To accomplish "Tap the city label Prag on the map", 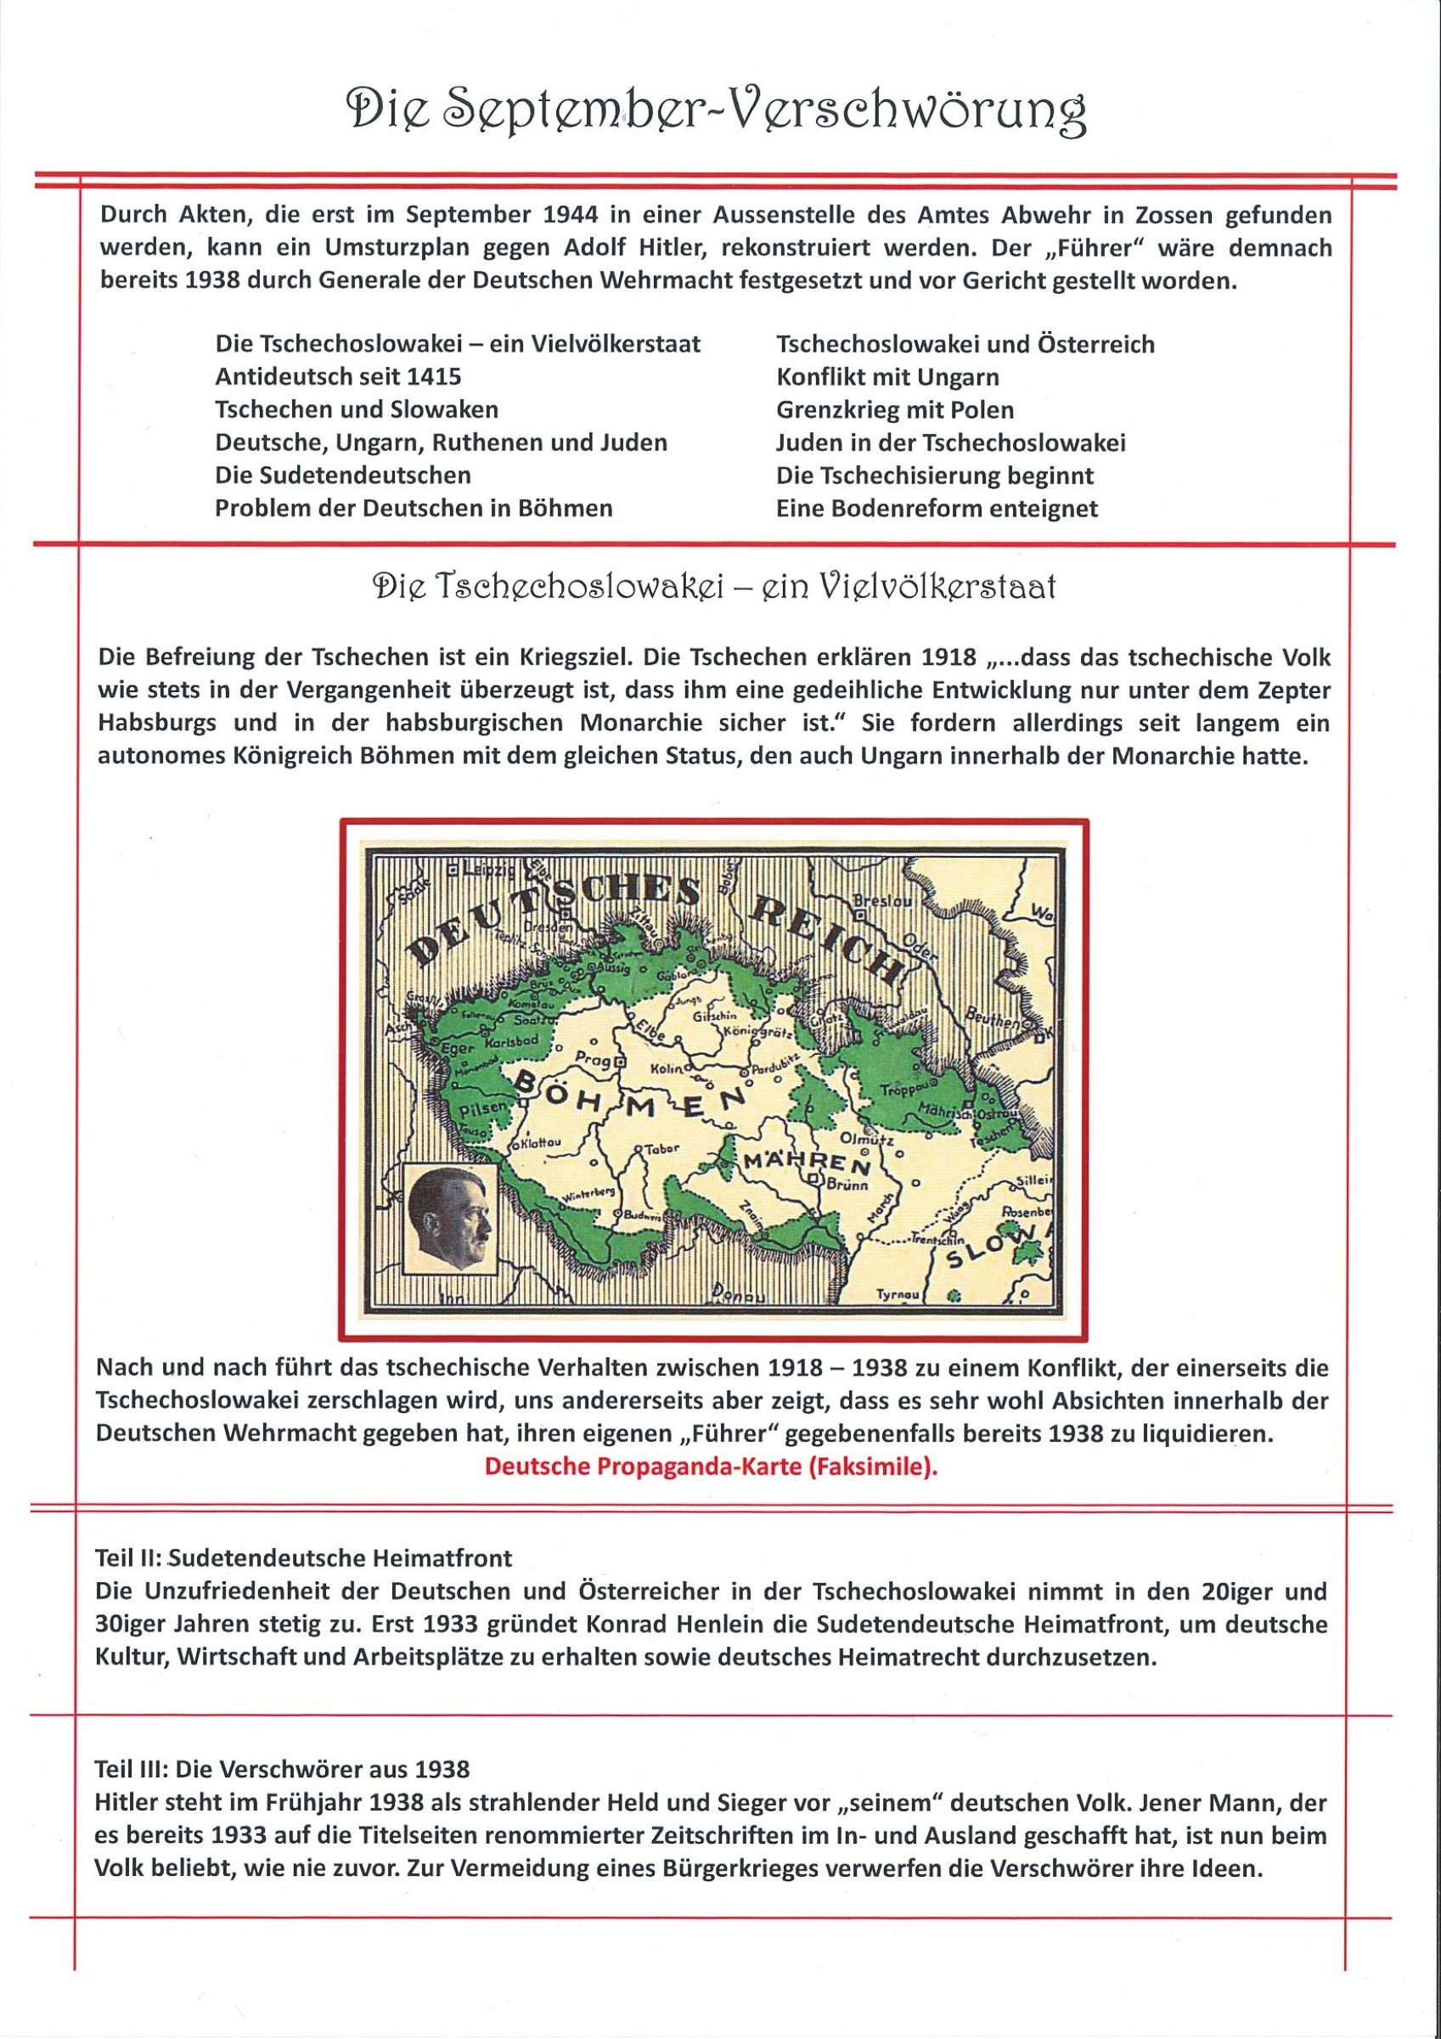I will [x=589, y=1060].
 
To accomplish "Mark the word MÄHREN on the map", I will [x=807, y=1162].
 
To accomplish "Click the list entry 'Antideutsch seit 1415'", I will [x=337, y=376].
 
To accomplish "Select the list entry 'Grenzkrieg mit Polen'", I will [x=894, y=409].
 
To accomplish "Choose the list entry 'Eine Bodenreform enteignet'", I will [x=937, y=508].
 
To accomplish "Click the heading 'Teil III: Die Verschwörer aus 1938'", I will [x=282, y=1744].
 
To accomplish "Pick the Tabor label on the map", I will [x=660, y=1148].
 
